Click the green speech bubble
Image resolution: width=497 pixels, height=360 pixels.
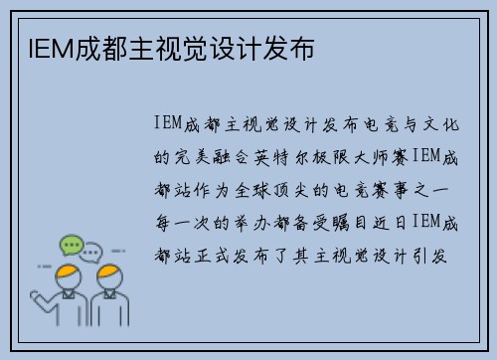click(x=71, y=243)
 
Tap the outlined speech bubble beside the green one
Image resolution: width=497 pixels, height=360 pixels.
click(x=92, y=251)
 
